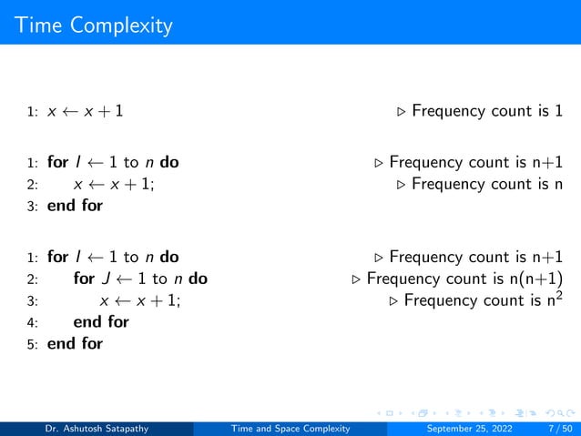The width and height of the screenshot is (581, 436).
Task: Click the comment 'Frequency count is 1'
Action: (x=486, y=112)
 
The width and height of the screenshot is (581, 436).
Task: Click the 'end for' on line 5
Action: (x=75, y=343)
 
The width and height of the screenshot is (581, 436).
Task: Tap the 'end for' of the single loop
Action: (x=75, y=206)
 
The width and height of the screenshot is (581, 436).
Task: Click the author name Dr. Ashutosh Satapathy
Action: (x=98, y=429)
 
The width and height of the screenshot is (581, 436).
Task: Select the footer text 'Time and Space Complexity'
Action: (x=290, y=429)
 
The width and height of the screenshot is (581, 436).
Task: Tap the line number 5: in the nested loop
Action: (x=32, y=344)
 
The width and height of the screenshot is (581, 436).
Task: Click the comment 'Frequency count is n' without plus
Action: (x=486, y=185)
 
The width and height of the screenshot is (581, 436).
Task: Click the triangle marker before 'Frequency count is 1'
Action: (x=402, y=113)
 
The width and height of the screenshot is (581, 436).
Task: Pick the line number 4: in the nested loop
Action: (x=32, y=322)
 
